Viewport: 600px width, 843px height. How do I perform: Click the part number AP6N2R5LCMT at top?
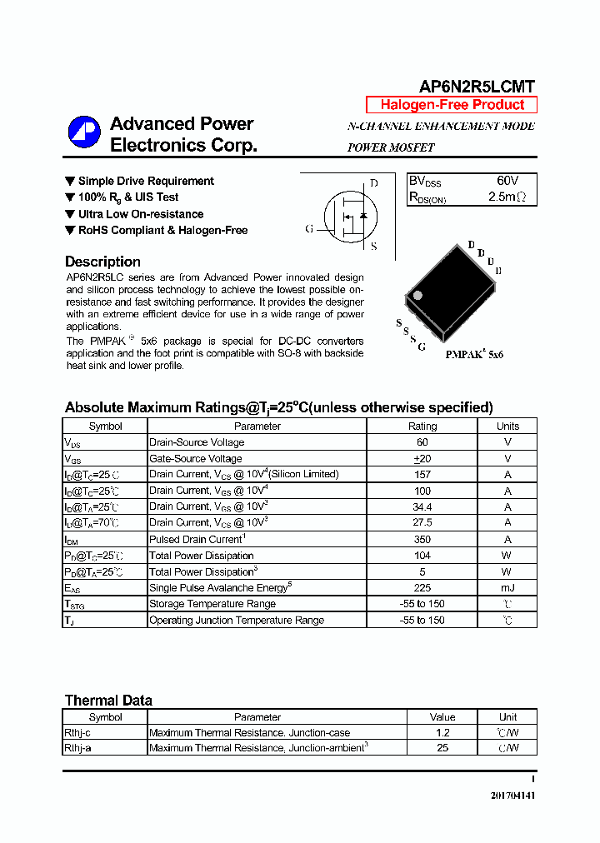[476, 87]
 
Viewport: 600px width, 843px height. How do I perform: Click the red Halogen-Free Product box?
[452, 105]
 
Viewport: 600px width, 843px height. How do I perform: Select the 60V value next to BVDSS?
[507, 181]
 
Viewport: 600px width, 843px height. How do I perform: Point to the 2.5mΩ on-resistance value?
[507, 197]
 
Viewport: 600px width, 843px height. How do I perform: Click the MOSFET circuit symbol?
[345, 215]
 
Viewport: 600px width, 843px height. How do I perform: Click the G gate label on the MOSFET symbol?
[309, 229]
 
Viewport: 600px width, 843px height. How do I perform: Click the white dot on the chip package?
[417, 295]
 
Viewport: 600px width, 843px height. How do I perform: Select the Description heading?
[102, 262]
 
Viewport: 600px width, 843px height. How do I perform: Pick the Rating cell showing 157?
[422, 474]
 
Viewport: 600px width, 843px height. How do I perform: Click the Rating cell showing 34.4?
[422, 506]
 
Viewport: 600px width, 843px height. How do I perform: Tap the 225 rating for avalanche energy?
[422, 588]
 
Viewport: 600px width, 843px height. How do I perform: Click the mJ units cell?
[507, 588]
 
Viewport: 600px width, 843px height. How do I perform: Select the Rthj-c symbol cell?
[77, 732]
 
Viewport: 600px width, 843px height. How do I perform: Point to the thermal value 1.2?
[442, 732]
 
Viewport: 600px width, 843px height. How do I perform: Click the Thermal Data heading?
[108, 701]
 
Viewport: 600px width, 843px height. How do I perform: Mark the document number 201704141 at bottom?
[512, 796]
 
